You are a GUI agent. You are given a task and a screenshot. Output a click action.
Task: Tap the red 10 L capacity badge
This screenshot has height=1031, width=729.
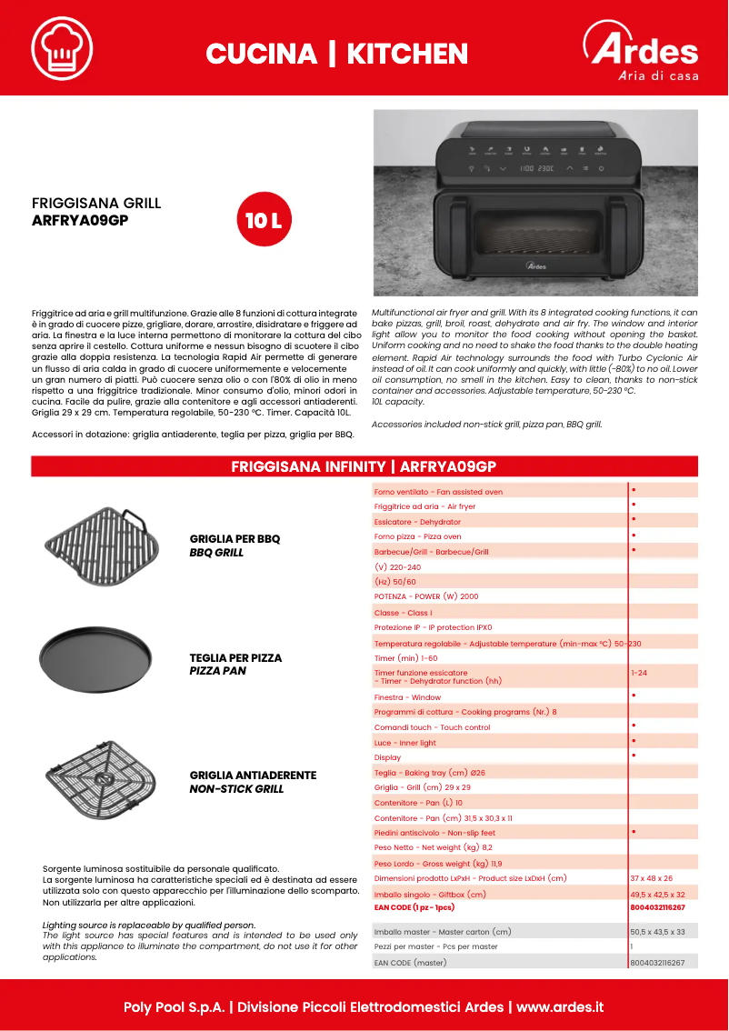tap(264, 218)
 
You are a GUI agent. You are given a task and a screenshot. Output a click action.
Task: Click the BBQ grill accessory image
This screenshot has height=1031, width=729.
tap(94, 546)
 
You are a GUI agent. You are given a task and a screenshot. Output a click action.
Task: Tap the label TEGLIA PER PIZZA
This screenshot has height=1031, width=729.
tap(235, 657)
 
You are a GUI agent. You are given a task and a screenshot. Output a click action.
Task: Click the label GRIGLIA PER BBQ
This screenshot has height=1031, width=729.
tap(235, 538)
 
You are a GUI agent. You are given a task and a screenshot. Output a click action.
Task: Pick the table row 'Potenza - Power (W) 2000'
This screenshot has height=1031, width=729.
tap(427, 597)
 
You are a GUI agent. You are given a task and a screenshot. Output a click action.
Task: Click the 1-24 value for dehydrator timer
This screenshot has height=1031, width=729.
tap(639, 673)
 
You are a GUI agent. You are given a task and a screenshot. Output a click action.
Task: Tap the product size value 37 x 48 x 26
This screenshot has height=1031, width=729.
tap(651, 878)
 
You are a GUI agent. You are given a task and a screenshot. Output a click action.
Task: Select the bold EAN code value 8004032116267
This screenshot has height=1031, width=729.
tap(657, 907)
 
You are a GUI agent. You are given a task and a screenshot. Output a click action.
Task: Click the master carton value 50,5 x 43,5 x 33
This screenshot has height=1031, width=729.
tap(657, 932)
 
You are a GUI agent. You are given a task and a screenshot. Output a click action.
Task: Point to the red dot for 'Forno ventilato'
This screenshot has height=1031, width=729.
tap(634, 490)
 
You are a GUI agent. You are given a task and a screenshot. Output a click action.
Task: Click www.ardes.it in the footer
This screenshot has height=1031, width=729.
tap(560, 1006)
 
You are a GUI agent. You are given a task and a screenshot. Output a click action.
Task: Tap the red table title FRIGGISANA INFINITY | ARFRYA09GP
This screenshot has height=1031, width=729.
tap(364, 466)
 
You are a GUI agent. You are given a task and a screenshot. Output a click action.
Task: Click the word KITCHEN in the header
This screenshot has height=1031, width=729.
tap(407, 54)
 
